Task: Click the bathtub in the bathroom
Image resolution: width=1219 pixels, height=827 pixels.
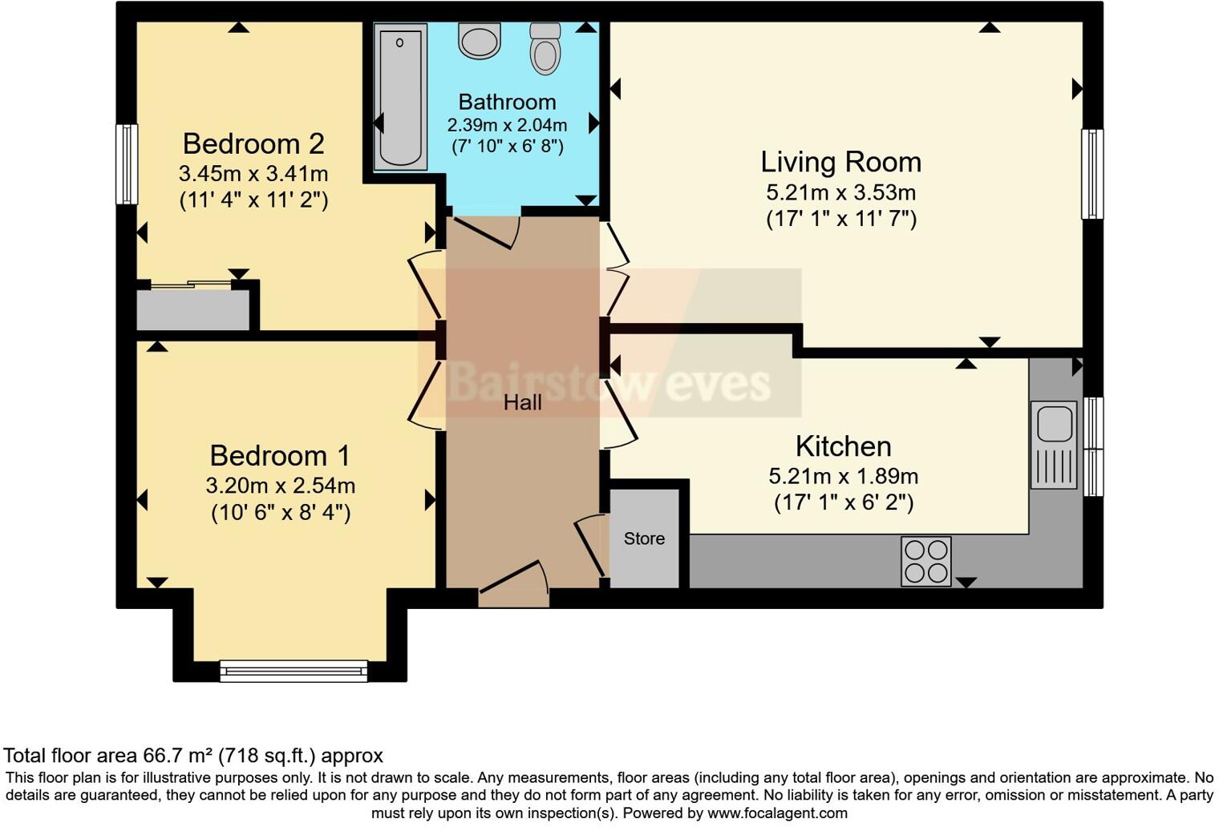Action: click(400, 96)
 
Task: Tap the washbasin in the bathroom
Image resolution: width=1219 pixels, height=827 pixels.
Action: click(480, 40)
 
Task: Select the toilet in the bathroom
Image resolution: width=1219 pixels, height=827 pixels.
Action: click(545, 50)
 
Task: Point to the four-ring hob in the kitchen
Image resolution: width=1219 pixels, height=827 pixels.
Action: click(926, 561)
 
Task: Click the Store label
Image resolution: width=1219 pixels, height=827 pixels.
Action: click(645, 539)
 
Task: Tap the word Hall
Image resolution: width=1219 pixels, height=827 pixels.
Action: click(522, 402)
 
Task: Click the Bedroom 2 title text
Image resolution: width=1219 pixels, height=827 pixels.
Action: click(253, 143)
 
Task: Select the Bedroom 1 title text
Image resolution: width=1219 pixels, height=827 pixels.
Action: click(280, 455)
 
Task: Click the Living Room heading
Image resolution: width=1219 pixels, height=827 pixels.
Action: click(840, 162)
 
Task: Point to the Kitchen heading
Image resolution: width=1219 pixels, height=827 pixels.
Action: click(843, 446)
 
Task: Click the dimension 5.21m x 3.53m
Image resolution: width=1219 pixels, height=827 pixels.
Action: click(840, 192)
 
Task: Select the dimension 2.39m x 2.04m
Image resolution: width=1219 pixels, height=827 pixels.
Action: click(507, 125)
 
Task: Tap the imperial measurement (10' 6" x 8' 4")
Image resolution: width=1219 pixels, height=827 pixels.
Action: click(281, 512)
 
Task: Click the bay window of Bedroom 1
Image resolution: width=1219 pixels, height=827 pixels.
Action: click(294, 670)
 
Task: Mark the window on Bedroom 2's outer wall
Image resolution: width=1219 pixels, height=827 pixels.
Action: click(127, 163)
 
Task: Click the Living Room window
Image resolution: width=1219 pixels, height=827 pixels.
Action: click(1091, 174)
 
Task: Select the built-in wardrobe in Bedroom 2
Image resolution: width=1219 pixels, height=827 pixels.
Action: click(193, 309)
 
